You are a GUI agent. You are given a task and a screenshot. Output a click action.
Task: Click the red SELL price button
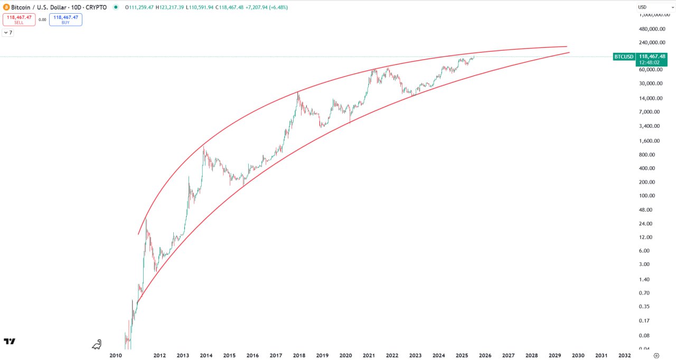coord(19,20)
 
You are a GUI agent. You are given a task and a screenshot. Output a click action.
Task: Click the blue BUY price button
coord(65,20)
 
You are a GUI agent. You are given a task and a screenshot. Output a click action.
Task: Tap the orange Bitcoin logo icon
coord(6,7)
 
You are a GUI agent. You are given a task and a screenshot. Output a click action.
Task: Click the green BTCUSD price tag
coord(624,56)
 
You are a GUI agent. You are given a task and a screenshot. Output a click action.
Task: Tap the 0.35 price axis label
coord(645,307)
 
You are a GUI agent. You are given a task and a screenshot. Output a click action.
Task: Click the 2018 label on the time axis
coord(299,356)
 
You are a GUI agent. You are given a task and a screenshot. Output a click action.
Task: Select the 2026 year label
coord(485,356)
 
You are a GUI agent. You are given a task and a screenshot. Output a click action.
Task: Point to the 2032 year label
coord(624,356)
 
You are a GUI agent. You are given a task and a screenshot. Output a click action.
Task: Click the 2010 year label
coord(116,356)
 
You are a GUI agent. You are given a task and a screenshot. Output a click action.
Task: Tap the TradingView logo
coord(10,342)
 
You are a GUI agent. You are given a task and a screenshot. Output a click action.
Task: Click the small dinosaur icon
coord(97,345)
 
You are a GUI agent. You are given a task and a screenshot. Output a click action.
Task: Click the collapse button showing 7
coord(8,33)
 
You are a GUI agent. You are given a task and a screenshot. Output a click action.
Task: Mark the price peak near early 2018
coord(298,92)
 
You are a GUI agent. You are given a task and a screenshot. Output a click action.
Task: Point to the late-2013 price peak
coord(204,146)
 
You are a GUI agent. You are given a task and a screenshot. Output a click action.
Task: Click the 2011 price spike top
coord(146,219)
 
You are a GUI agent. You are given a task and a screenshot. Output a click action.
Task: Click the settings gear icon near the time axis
coord(656,356)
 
